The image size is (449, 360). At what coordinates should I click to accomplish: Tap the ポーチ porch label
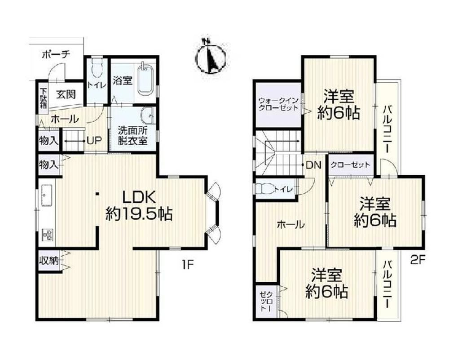click(56, 54)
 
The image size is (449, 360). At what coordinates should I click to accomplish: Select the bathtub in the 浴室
click(146, 79)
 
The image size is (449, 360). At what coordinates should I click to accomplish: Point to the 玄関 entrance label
click(66, 94)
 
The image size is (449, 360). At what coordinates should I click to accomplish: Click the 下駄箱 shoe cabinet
click(44, 98)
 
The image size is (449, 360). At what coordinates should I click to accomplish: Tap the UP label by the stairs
click(94, 140)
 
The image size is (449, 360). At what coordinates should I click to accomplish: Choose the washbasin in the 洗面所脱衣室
click(147, 116)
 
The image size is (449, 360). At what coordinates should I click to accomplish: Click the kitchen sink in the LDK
click(46, 195)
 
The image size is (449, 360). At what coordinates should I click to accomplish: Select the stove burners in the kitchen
click(47, 235)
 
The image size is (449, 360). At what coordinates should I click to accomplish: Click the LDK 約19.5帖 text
click(139, 205)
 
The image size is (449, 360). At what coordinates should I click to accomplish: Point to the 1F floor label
click(188, 264)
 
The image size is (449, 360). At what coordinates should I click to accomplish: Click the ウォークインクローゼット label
click(278, 104)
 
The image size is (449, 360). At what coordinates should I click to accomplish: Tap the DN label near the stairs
click(313, 164)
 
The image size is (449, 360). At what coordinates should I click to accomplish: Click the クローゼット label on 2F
click(351, 165)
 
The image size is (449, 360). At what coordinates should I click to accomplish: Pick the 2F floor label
click(418, 260)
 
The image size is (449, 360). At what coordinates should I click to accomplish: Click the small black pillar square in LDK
click(97, 194)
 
